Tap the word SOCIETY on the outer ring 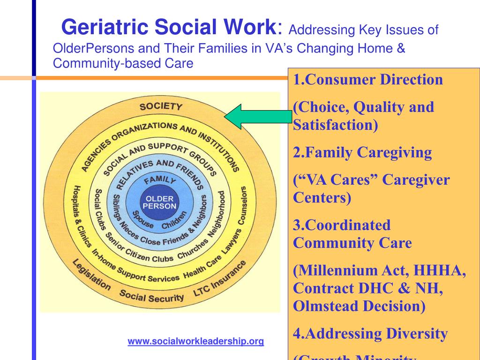161,106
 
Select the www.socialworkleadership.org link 196,341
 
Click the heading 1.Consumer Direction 368,80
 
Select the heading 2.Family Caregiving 362,152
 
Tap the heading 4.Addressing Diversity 370,334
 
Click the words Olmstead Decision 359,306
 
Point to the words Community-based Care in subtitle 123,63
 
